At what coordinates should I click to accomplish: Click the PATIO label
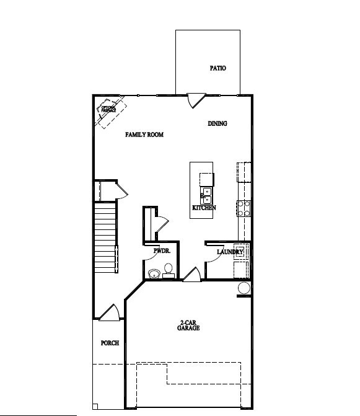click(x=217, y=68)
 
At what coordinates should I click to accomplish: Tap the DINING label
click(x=217, y=123)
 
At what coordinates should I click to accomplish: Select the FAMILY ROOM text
click(x=144, y=135)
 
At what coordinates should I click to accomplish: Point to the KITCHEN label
click(x=204, y=208)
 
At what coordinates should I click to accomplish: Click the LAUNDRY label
click(x=229, y=252)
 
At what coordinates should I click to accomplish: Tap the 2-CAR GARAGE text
click(x=189, y=325)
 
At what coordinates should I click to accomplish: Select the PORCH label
click(x=110, y=343)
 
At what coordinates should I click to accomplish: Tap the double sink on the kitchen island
click(x=206, y=195)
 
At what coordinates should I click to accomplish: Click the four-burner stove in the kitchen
click(x=244, y=208)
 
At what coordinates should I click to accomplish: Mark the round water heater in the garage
click(x=244, y=288)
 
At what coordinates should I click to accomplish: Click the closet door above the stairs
click(x=121, y=189)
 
